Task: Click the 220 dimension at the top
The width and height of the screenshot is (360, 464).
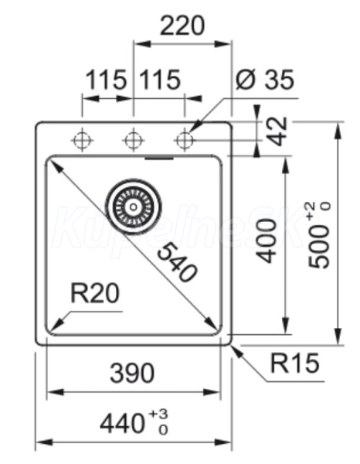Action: pos(182,26)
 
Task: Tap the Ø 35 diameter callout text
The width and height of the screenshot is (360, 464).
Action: pos(265,80)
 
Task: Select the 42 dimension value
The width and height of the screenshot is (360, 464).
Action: pos(279,131)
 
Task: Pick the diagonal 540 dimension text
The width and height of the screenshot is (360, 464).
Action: pos(176,261)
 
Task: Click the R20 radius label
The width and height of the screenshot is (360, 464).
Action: pos(95,293)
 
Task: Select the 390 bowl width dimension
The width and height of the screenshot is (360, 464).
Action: pos(132,373)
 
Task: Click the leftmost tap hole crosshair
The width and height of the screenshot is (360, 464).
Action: pos(82,140)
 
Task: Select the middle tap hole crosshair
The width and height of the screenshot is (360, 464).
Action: pos(134,140)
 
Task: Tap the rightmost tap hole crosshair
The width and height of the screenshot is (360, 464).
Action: pos(185,140)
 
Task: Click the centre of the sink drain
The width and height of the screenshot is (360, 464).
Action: pos(134,206)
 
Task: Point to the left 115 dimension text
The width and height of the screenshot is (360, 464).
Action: pos(106,80)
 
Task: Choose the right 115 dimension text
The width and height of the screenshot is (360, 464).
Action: pos(160,80)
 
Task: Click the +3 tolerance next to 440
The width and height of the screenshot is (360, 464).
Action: pos(158,414)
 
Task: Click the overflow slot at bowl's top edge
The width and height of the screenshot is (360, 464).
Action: pos(159,159)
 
